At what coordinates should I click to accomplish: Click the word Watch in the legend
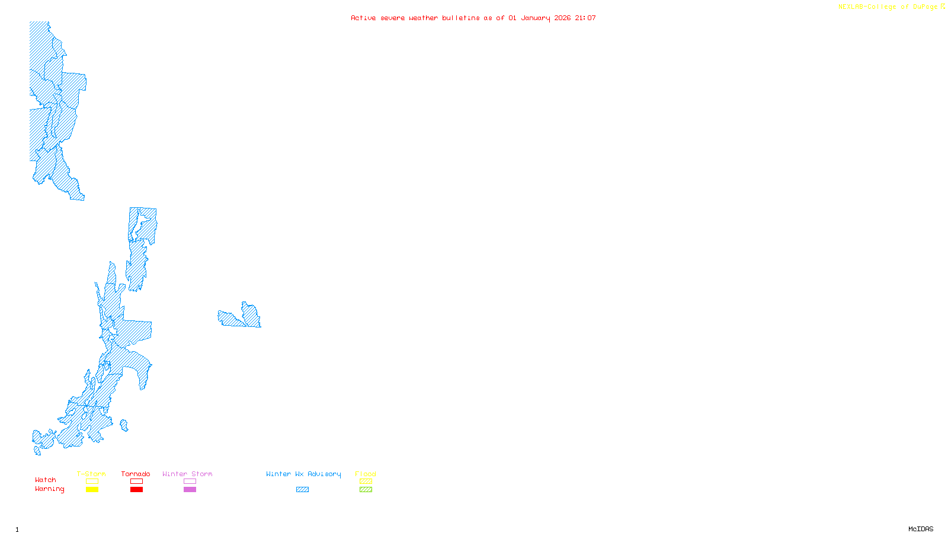[46, 480]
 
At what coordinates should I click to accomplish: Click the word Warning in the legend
[50, 489]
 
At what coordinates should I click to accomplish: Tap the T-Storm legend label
[91, 474]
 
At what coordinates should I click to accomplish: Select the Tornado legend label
[136, 474]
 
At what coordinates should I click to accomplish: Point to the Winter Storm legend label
[187, 474]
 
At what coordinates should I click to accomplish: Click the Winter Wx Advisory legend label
[303, 474]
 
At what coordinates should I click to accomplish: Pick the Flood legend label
[366, 474]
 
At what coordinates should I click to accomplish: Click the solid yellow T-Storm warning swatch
[92, 490]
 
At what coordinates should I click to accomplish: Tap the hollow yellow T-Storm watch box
[92, 481]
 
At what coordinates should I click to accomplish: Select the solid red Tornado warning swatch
[137, 490]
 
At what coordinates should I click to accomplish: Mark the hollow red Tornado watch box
[137, 481]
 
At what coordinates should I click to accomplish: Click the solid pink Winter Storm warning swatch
[190, 490]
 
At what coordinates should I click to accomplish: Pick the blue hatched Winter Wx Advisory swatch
[302, 490]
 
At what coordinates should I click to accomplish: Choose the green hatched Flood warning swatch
[366, 490]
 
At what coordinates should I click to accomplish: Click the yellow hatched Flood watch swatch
[366, 481]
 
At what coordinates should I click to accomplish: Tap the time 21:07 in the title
[585, 18]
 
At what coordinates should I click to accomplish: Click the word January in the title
[536, 18]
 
